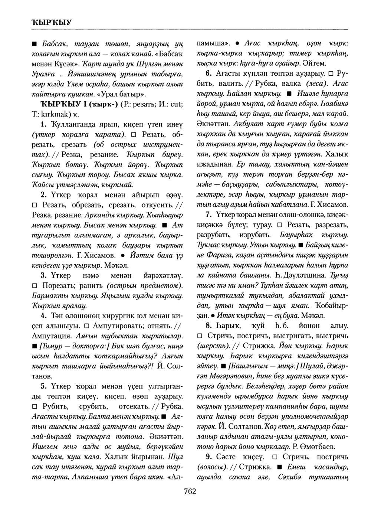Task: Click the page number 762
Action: point(189,491)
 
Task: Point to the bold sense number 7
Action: point(209,214)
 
